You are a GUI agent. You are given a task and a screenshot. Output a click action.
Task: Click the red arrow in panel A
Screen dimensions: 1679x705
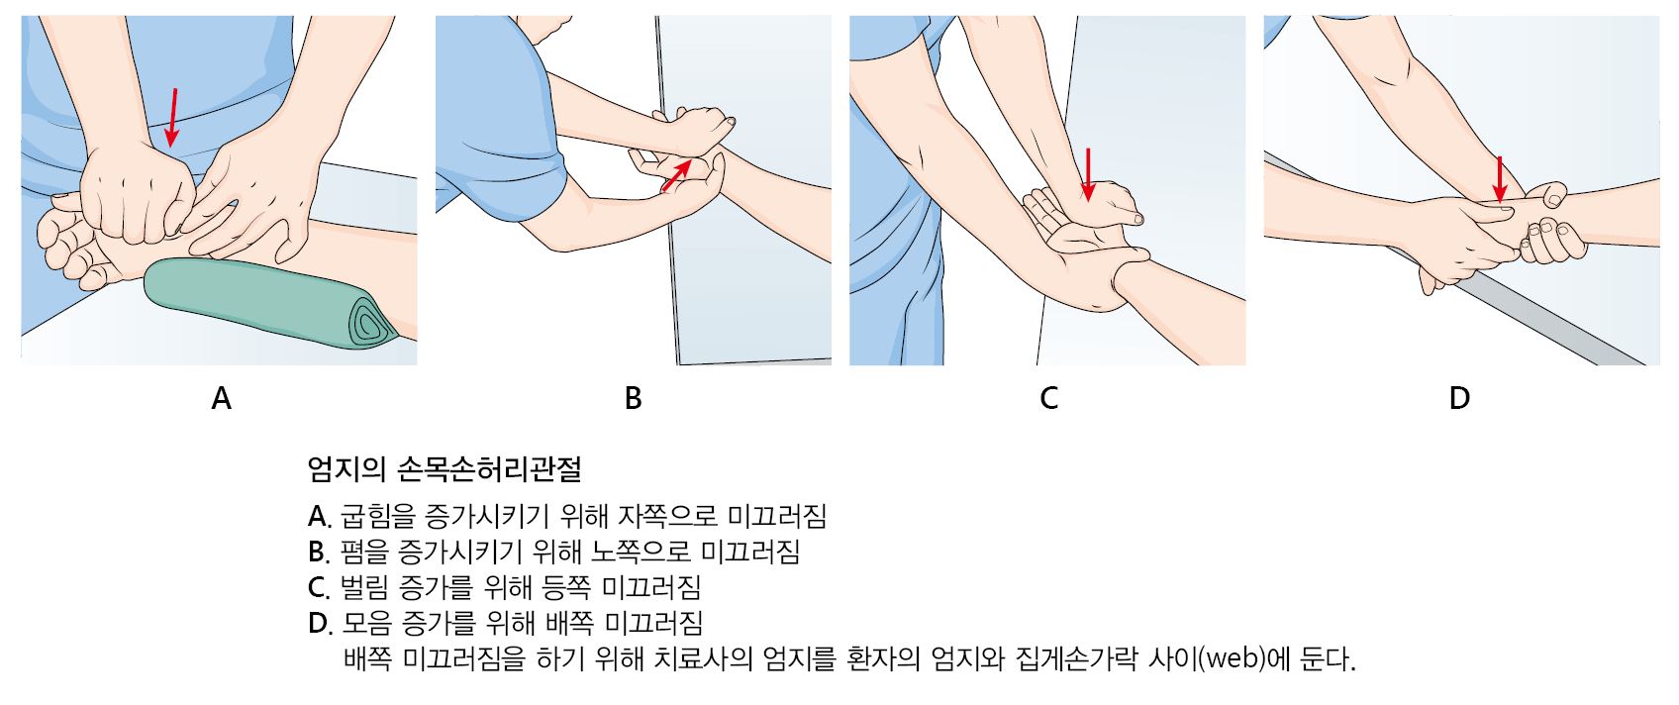point(173,117)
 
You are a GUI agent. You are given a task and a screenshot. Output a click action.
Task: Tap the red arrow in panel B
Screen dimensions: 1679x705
point(676,174)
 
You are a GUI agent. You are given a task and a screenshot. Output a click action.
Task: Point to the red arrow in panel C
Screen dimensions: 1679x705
point(1088,174)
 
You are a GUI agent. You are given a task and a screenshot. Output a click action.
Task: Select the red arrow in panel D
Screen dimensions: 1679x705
point(1499,179)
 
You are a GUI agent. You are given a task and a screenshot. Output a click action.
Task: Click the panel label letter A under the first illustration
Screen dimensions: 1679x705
point(221,398)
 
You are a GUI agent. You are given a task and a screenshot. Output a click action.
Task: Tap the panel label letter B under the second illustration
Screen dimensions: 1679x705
point(634,398)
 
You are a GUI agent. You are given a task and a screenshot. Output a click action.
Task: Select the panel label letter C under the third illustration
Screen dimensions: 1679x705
point(1048,398)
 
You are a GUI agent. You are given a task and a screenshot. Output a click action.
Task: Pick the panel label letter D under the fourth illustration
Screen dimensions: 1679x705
point(1459,398)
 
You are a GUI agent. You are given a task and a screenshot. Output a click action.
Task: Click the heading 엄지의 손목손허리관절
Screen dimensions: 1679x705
point(444,469)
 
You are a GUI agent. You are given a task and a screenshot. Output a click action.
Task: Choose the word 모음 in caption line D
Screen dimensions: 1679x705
point(366,623)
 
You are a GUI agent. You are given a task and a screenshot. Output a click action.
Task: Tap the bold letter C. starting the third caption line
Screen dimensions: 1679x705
point(319,587)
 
